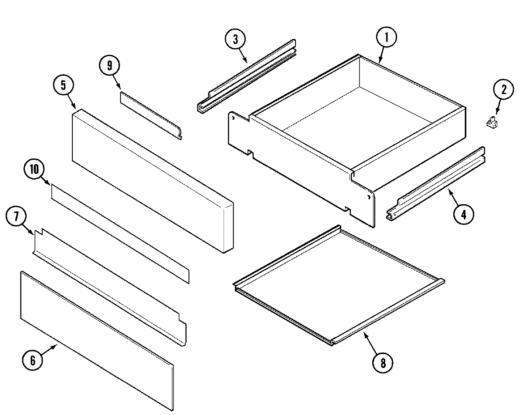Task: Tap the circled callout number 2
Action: coord(503,90)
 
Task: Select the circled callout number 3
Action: coord(235,39)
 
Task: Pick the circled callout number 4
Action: coord(463,214)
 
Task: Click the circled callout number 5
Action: coord(64,85)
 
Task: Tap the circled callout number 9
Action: coord(109,65)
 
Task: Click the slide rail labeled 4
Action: coord(436,183)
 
